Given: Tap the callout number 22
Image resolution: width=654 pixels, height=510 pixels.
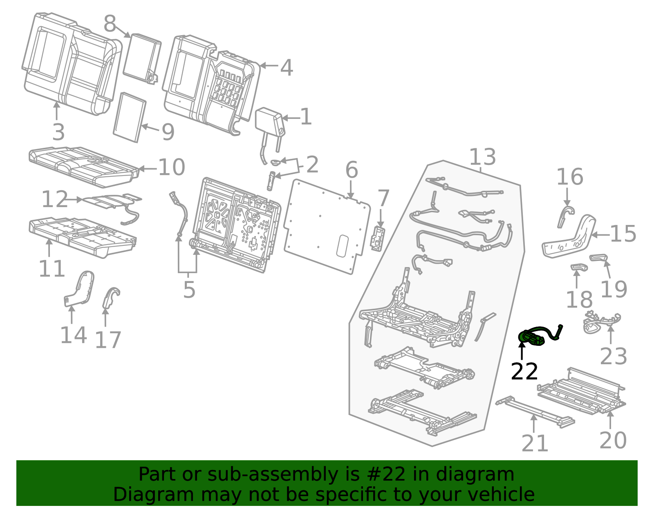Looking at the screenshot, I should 524,372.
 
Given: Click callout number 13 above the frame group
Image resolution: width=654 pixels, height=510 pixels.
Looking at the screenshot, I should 482,157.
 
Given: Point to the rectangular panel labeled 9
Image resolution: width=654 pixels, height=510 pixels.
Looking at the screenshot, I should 129,117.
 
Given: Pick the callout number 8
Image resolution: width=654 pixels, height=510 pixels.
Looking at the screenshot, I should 110,24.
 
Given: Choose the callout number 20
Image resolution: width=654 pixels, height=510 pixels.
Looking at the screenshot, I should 613,440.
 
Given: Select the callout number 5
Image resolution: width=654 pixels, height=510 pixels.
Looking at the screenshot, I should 189,290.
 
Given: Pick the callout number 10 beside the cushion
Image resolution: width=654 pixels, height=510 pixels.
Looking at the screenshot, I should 171,167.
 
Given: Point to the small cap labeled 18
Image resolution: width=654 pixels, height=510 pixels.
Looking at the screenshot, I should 578,267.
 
